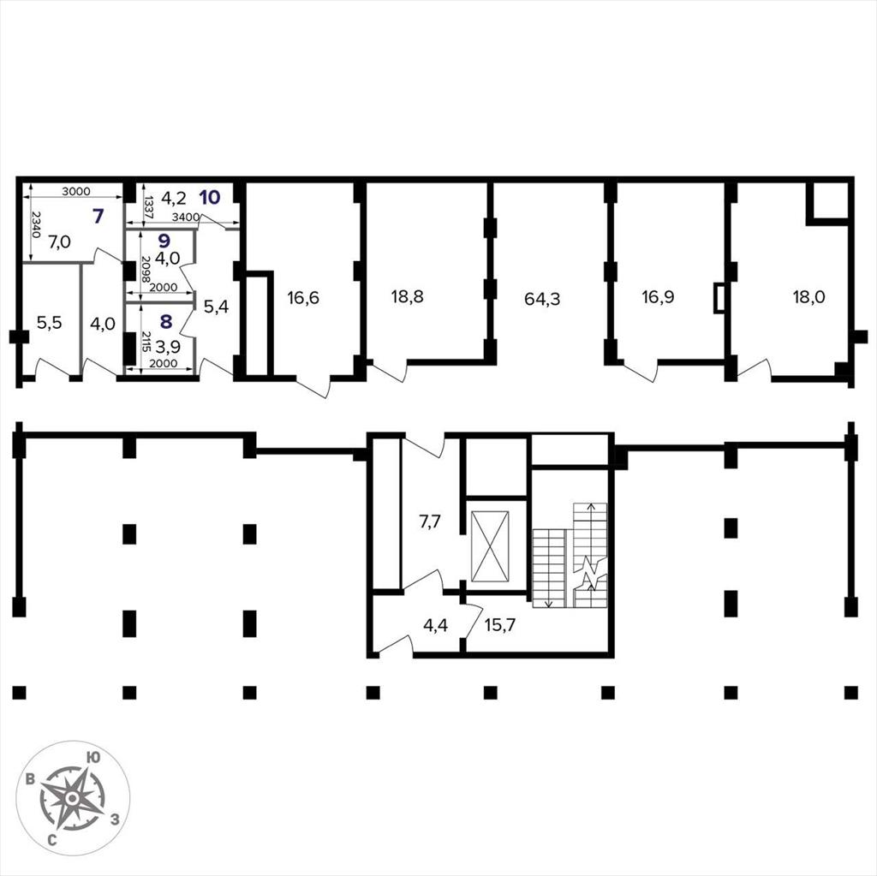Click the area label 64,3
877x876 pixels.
coord(542,299)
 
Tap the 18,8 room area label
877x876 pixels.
coord(407,296)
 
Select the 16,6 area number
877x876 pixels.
coord(303,298)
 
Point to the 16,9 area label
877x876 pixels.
coord(658,296)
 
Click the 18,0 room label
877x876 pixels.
coord(808,296)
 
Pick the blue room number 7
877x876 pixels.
coord(98,216)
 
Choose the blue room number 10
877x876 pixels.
coord(210,197)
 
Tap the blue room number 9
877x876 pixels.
coord(164,241)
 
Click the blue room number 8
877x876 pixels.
coord(166,321)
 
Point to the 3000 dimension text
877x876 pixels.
coord(76,191)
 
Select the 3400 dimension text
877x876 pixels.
coord(185,217)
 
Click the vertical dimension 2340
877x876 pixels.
coord(36,224)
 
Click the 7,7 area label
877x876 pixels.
coord(430,521)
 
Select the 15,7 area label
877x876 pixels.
coord(500,625)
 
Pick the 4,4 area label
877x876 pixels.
coord(435,625)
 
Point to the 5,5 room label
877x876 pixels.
coord(49,323)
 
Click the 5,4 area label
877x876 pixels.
coord(216,306)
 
